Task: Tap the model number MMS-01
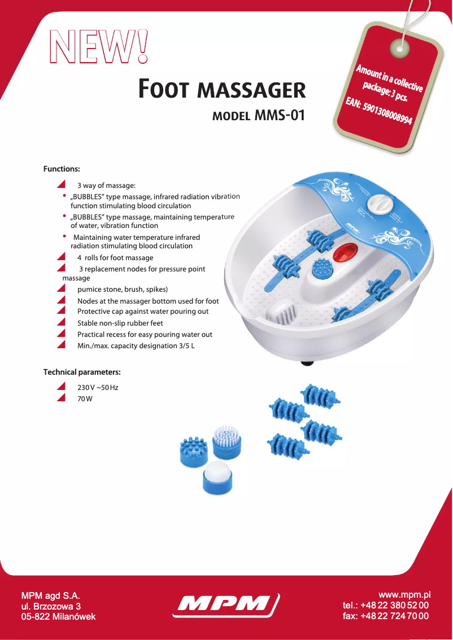point(280,116)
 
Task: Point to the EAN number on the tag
point(379,113)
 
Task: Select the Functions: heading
point(62,169)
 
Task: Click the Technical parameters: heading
point(82,372)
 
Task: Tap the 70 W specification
point(85,399)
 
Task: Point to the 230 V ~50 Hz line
point(97,388)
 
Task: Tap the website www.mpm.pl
point(404,595)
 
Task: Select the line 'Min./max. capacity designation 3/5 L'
point(136,345)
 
